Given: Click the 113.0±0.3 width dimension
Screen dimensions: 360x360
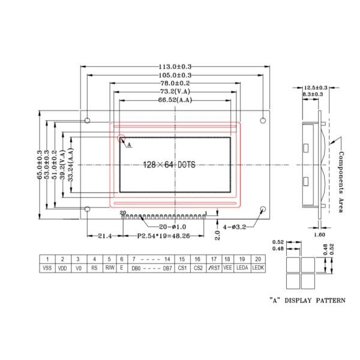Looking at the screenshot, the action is pos(175,67).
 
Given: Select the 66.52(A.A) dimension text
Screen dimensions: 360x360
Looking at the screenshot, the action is pos(175,100).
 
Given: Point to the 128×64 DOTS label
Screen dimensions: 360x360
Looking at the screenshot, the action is pos(169,164).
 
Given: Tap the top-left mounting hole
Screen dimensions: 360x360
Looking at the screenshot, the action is pos(87,121).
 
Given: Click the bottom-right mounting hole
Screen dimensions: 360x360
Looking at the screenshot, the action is pos(263,209).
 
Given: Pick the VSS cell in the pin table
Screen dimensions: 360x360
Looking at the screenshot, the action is pos(47,268).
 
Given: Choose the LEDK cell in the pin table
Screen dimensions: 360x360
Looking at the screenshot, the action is pos(258,268).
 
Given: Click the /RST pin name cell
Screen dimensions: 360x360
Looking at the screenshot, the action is pos(214,268).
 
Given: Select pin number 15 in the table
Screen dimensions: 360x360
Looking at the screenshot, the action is pos(182,259).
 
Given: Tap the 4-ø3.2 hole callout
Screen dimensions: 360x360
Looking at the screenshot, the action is pos(235,227).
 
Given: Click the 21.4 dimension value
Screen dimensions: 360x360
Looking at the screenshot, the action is pos(104,236).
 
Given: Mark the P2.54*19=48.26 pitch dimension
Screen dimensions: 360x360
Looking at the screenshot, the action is pos(163,236).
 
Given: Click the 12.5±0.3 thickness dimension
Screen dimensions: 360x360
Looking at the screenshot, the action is pos(316,88).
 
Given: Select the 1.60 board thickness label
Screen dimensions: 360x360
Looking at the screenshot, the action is pos(319,235).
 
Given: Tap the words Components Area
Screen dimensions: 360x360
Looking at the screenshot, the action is pos(341,182).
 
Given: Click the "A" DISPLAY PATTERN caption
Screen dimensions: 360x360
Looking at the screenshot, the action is pos(307,301).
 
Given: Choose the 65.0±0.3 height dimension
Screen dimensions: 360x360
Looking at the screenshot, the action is pos(40,164).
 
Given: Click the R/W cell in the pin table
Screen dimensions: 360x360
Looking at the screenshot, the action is pos(110,268).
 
